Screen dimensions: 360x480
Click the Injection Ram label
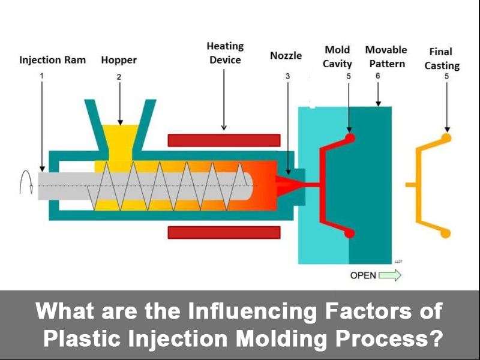click(x=52, y=60)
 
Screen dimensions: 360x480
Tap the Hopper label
click(x=119, y=60)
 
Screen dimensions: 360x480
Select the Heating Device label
click(x=225, y=53)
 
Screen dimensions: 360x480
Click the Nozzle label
click(x=287, y=56)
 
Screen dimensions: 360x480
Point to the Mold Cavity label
click(x=337, y=56)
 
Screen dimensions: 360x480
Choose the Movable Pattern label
click(x=386, y=56)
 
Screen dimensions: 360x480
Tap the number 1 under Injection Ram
click(x=42, y=76)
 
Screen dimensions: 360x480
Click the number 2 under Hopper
click(x=119, y=76)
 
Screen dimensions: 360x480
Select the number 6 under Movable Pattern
click(x=377, y=76)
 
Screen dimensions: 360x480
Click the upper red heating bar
click(x=224, y=140)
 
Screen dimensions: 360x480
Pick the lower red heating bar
click(x=224, y=232)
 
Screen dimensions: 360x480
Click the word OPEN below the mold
click(x=363, y=276)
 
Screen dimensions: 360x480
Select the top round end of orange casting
click(x=446, y=137)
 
